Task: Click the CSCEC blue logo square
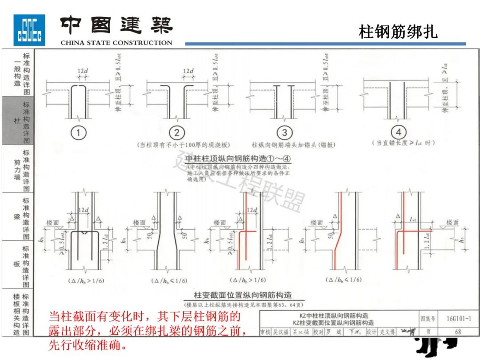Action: (29, 30)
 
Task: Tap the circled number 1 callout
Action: (79, 132)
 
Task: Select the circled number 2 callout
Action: (177, 132)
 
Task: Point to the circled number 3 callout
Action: (284, 132)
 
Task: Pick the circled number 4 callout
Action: (398, 132)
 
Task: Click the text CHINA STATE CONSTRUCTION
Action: (116, 43)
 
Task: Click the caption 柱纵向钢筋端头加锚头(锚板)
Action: (293, 145)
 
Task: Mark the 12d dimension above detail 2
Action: (188, 71)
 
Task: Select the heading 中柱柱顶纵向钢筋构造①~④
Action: (238, 159)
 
